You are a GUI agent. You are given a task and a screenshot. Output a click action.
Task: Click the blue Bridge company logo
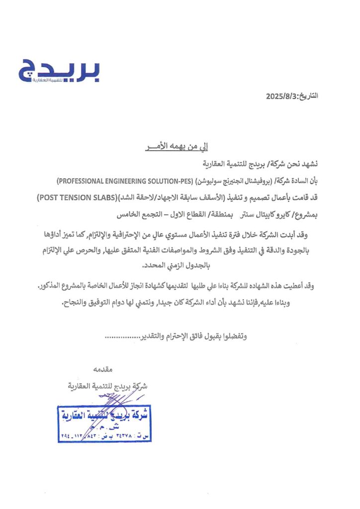coord(59,71)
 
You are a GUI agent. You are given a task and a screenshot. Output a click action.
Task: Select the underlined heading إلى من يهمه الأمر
coord(178,147)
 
